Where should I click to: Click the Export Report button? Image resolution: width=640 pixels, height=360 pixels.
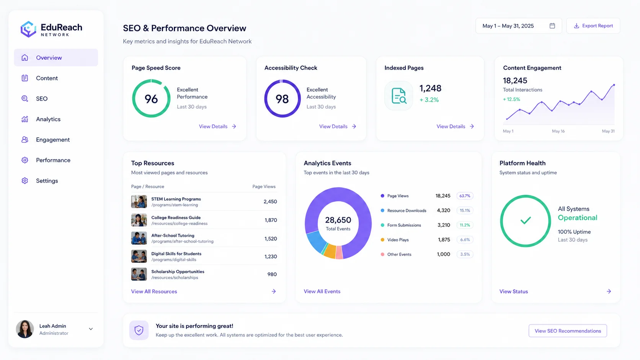point(593,26)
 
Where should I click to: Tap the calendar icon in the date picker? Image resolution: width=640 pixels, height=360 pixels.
point(552,26)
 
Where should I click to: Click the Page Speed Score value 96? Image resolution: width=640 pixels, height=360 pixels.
point(151,99)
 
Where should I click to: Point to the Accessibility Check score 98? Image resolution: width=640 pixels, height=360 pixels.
point(282,99)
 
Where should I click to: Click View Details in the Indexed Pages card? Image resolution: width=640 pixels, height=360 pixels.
point(455,127)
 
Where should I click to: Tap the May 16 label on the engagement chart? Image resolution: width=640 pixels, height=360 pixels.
point(558,131)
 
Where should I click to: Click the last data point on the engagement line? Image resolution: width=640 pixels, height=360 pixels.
point(614,85)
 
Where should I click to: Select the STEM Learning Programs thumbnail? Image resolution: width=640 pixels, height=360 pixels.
point(139,202)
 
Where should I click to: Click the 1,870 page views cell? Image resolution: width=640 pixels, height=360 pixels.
point(271,220)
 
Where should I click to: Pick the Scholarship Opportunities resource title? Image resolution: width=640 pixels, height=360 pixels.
point(178,272)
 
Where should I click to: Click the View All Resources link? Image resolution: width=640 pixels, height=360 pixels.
point(154,292)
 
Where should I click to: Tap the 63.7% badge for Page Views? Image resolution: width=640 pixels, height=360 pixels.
point(465,196)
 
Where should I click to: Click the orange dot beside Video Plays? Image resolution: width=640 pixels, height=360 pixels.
point(382,240)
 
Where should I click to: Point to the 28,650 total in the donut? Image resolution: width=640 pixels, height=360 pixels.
point(338,220)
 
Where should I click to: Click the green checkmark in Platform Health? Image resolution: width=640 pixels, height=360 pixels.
point(526,220)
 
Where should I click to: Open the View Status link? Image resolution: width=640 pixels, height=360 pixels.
point(513,292)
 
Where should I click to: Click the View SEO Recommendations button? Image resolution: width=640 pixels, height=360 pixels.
point(568,331)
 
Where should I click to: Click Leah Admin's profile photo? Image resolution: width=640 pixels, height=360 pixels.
point(25,329)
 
